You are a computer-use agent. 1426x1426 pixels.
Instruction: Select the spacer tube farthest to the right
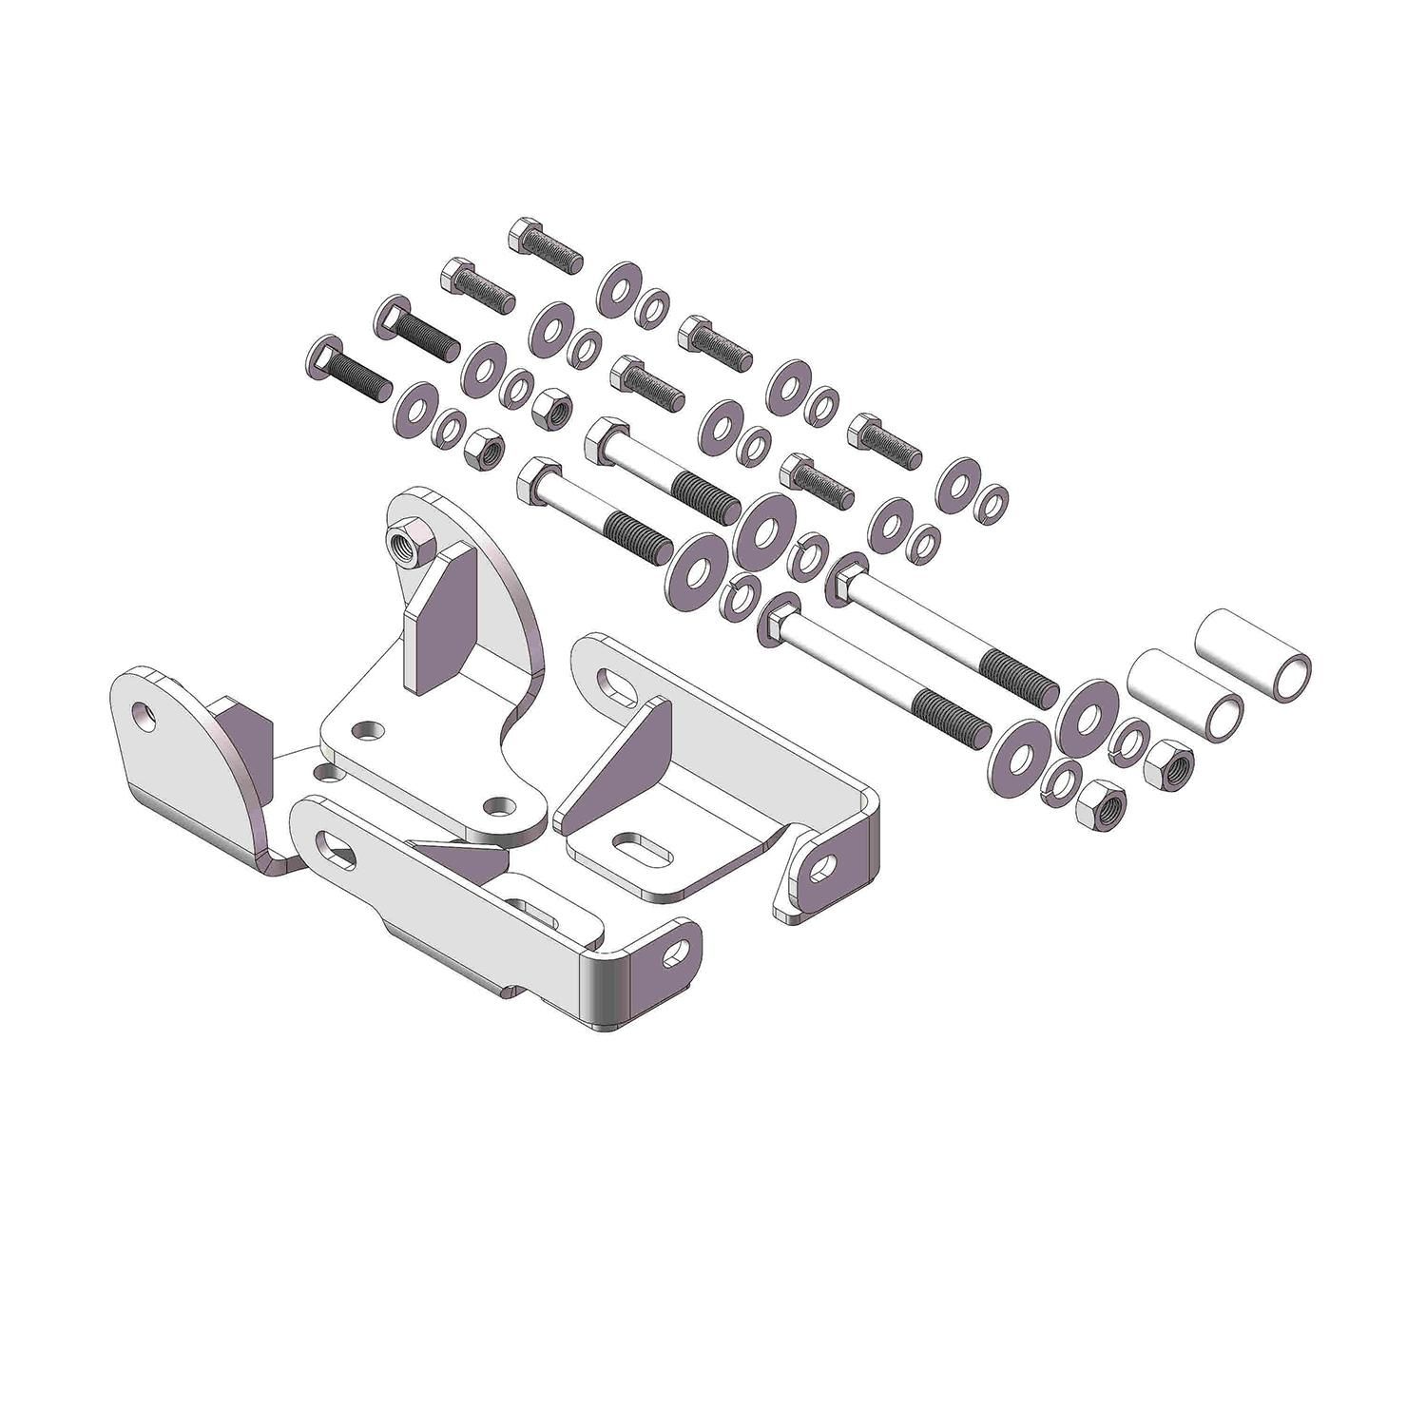coord(1255,656)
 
